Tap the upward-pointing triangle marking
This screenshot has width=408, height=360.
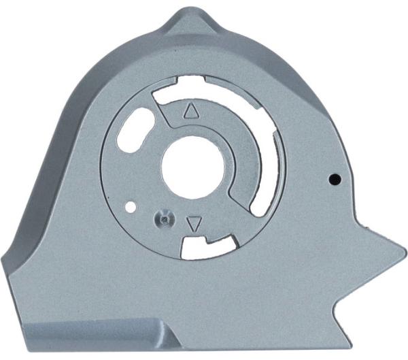[x=190, y=111]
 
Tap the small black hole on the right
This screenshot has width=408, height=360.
[x=334, y=179]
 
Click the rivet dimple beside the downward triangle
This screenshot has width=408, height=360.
[x=163, y=218]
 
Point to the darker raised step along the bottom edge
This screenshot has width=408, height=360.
[x=95, y=333]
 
